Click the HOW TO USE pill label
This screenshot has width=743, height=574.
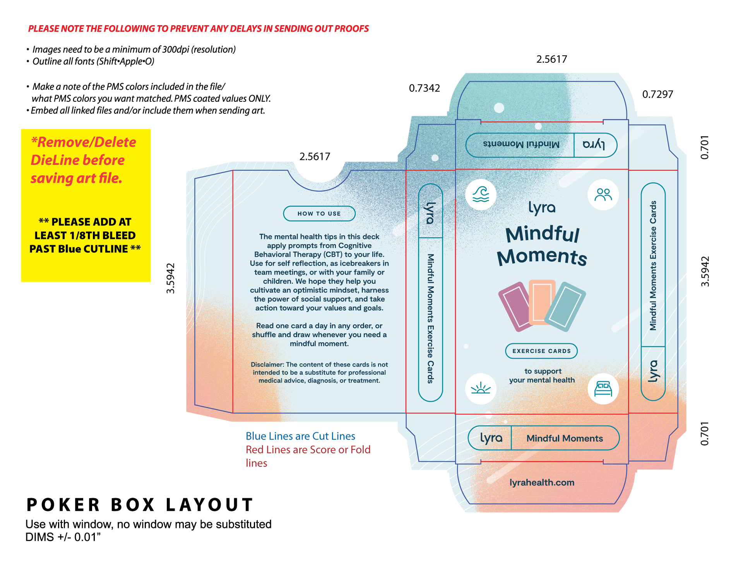point(319,214)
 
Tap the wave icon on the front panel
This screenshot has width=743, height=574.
point(481,195)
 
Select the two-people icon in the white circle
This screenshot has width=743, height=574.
point(603,195)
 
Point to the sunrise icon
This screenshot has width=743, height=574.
point(481,388)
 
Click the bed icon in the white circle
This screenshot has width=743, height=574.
point(603,389)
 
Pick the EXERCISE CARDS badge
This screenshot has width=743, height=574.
point(541,351)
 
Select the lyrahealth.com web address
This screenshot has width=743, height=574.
point(542,482)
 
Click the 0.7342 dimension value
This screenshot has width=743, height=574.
point(425,88)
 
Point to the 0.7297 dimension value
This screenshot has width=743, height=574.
point(657,94)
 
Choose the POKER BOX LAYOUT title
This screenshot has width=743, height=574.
point(140,505)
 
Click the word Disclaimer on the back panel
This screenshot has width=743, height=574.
point(267,364)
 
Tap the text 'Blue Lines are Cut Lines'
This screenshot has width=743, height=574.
point(300,436)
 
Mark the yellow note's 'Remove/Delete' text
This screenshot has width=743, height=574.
point(84,142)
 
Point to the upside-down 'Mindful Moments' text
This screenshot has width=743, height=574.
point(521,144)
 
